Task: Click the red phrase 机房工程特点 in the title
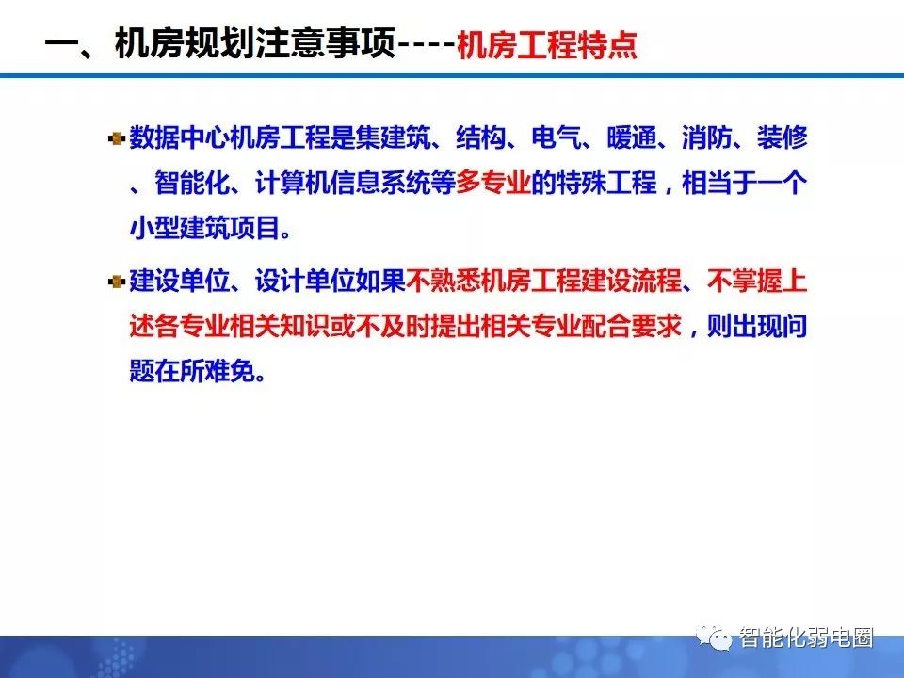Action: pos(546,45)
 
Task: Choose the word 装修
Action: pos(782,137)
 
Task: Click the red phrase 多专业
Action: pos(492,183)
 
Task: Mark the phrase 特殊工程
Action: pos(606,183)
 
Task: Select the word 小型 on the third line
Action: pos(153,228)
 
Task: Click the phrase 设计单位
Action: pos(305,282)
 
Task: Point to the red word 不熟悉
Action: pos(443,282)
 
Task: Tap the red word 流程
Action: pos(656,282)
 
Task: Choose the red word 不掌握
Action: pos(744,282)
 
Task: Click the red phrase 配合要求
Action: pos(631,327)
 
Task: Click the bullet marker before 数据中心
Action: pos(117,139)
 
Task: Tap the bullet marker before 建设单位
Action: pos(117,282)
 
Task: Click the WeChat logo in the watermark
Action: pos(714,638)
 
